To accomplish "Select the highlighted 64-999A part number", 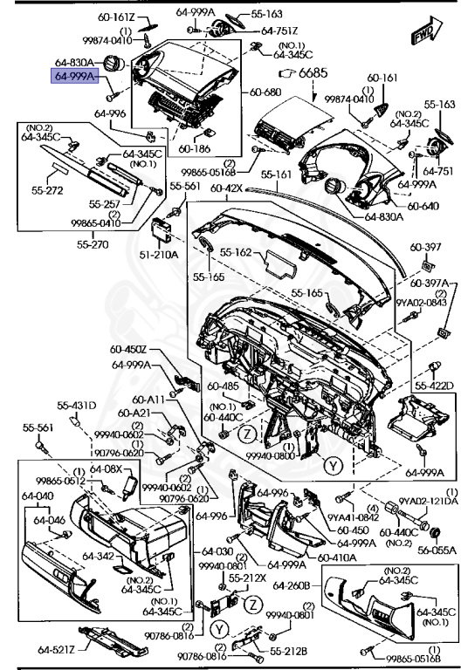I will click(79, 77).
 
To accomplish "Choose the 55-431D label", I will click(77, 406).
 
